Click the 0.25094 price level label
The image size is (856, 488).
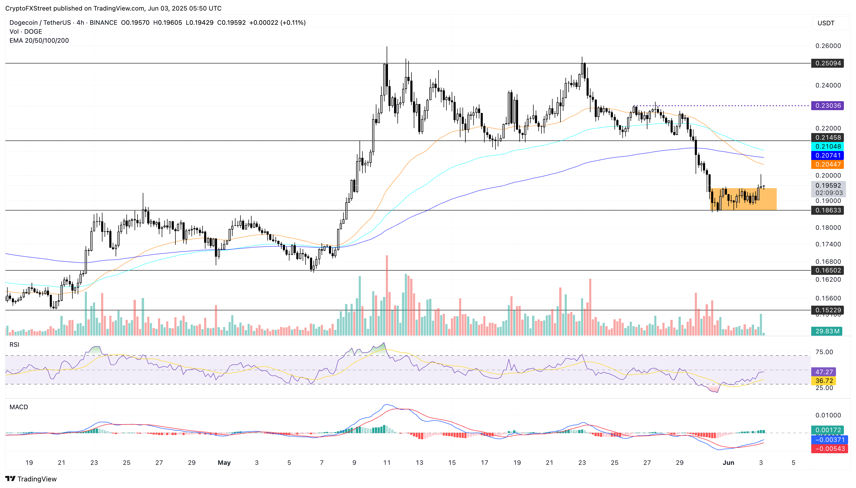pyautogui.click(x=827, y=63)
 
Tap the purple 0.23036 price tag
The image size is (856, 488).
pyautogui.click(x=827, y=106)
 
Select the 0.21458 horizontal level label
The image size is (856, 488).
pyautogui.click(x=827, y=138)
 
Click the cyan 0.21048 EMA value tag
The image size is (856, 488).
pyautogui.click(x=827, y=147)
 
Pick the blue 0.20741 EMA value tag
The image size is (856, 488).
pyautogui.click(x=827, y=155)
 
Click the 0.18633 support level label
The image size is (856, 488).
pyautogui.click(x=827, y=211)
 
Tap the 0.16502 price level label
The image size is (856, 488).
pyautogui.click(x=827, y=270)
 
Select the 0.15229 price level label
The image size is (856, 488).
pyautogui.click(x=827, y=310)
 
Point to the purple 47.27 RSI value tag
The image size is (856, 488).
pyautogui.click(x=824, y=372)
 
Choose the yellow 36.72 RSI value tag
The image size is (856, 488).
pyautogui.click(x=824, y=381)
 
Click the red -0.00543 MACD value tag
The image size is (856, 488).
pyautogui.click(x=829, y=449)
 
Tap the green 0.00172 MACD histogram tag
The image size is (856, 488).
pyautogui.click(x=827, y=430)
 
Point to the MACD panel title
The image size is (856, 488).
pyautogui.click(x=19, y=407)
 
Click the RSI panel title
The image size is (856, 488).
pyautogui.click(x=14, y=345)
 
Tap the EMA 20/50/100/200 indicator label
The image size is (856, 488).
pyautogui.click(x=39, y=41)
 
